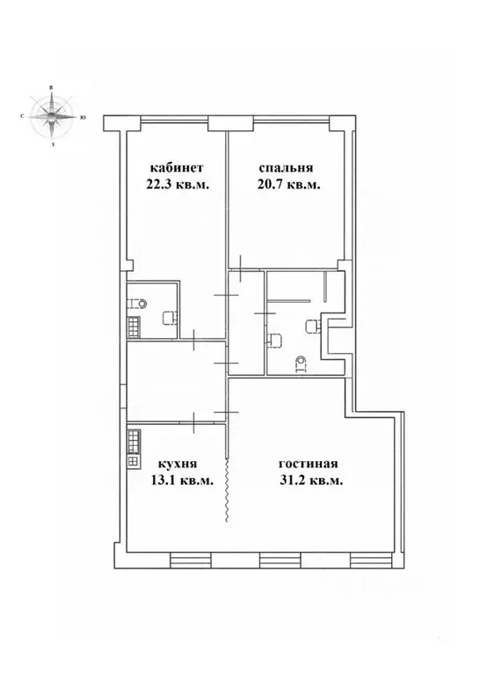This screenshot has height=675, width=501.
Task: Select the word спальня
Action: [x=287, y=168]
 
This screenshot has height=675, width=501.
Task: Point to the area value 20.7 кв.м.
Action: [x=288, y=185]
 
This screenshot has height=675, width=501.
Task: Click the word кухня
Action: [x=177, y=464]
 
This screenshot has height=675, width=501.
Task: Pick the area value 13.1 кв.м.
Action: [x=183, y=481]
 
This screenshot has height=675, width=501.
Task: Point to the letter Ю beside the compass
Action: [x=82, y=117]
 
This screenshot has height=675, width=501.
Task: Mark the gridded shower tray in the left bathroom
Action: [x=134, y=326]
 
